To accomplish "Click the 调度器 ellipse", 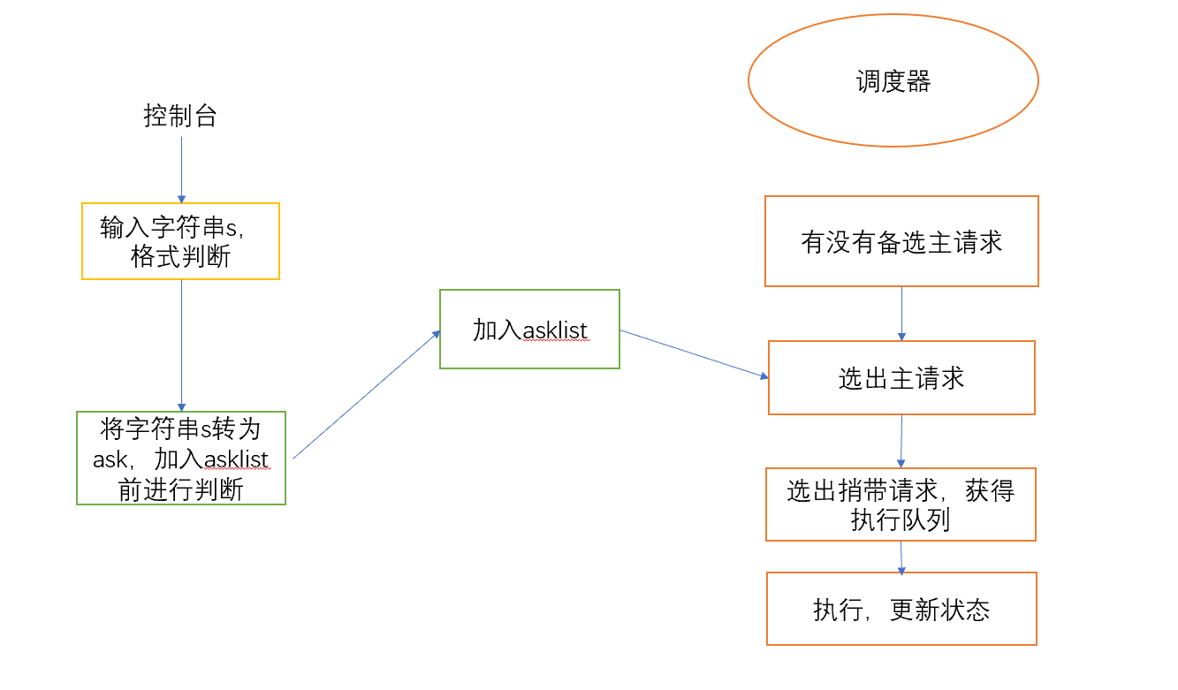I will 893,80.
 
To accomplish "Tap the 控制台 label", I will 180,116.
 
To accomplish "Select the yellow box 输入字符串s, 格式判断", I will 180,241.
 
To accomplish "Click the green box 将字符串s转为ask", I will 181,458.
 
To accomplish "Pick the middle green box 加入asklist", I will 529,329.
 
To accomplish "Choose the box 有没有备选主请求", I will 901,241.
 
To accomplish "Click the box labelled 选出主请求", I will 901,378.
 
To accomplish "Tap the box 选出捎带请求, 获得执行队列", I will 901,504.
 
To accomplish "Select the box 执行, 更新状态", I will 901,609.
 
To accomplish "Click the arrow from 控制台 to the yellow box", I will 181,168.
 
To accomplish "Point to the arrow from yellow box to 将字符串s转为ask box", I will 181,345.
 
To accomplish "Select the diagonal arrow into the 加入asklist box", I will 367,394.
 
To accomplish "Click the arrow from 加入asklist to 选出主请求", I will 694,354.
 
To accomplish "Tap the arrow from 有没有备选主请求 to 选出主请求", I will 901,314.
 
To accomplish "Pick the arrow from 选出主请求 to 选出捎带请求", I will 901,440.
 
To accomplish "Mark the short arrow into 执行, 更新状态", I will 901,557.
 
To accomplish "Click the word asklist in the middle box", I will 555,331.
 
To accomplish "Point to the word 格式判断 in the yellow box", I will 180,257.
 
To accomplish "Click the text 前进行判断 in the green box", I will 180,489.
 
